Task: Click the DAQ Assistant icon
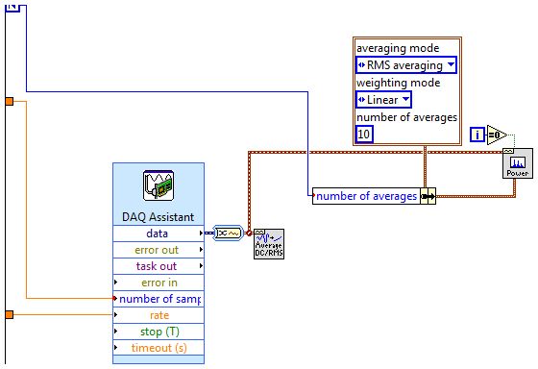(x=158, y=184)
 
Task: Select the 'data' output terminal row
(x=158, y=234)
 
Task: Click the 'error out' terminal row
(x=158, y=250)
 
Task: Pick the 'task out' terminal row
(x=158, y=266)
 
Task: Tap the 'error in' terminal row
(x=158, y=283)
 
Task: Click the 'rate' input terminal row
(x=158, y=315)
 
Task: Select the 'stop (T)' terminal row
(x=158, y=332)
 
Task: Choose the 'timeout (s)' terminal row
(x=158, y=348)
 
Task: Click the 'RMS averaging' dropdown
(x=405, y=65)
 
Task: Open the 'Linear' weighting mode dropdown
(x=383, y=100)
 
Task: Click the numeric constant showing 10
(x=365, y=135)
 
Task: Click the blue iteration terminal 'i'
(x=477, y=134)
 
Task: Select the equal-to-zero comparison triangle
(x=498, y=134)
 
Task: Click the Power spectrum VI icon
(x=516, y=163)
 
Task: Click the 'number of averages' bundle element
(x=367, y=196)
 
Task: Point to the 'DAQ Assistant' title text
(x=158, y=216)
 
